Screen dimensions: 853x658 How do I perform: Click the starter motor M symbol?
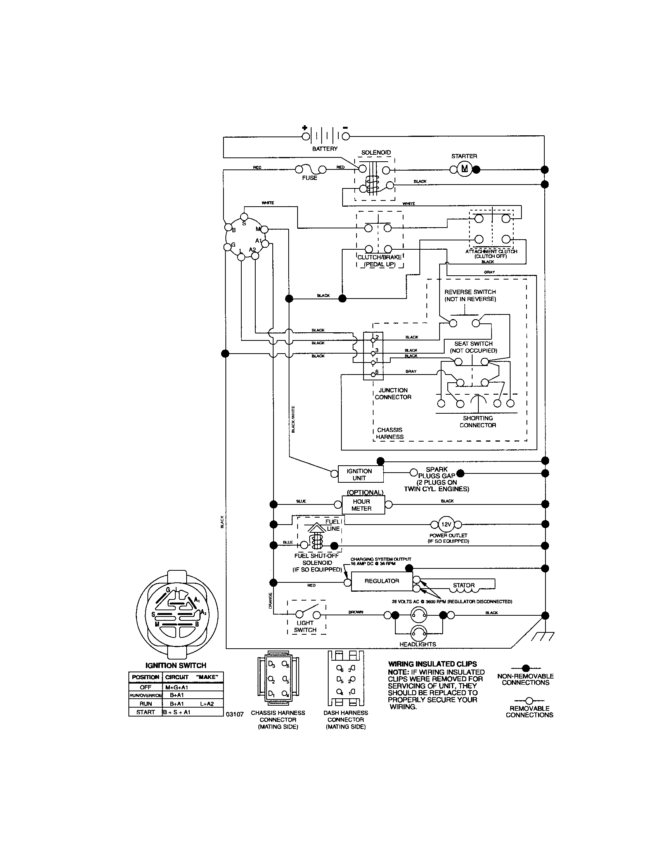click(x=464, y=169)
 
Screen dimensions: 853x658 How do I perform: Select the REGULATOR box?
click(x=381, y=581)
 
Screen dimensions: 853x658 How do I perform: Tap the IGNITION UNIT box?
click(x=360, y=474)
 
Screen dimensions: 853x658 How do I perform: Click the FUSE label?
click(x=310, y=178)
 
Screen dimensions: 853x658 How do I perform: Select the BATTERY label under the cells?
click(x=325, y=149)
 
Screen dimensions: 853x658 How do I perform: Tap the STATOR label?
click(x=463, y=585)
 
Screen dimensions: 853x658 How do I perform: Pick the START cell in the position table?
click(x=145, y=712)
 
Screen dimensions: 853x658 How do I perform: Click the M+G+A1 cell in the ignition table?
click(x=176, y=687)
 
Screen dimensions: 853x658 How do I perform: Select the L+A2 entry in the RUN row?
click(x=207, y=703)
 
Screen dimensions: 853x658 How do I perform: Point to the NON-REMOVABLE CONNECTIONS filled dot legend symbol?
click(x=526, y=668)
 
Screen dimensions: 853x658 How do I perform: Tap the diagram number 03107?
click(x=235, y=714)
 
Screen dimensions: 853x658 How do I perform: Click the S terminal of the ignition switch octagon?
click(x=244, y=217)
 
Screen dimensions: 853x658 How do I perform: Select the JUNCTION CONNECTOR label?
click(x=393, y=393)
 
